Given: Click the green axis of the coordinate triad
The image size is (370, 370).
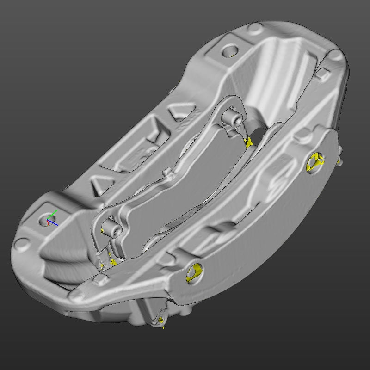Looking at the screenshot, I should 54,214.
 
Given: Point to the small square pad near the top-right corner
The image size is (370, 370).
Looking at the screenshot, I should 324,73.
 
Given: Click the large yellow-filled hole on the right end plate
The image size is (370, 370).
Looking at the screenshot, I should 316,161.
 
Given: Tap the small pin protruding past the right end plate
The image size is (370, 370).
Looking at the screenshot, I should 340,160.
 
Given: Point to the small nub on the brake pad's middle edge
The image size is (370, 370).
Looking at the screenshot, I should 169,173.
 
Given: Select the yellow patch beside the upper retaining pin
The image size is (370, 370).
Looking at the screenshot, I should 250,142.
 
